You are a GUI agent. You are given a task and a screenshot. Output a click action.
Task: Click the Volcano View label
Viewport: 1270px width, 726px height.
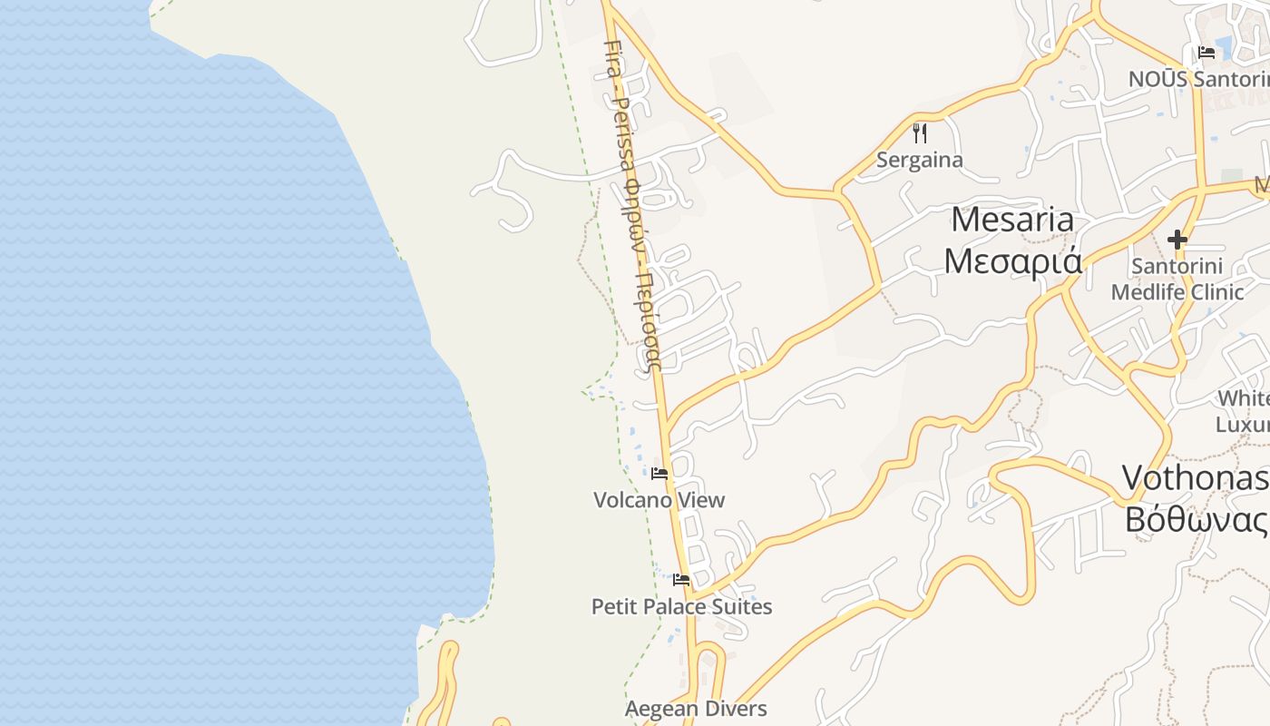pyautogui.click(x=659, y=500)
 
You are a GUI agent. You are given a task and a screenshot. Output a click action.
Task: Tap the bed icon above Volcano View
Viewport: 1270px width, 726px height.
pyautogui.click(x=659, y=474)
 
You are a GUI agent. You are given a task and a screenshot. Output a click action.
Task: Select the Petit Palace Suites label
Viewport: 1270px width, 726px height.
pyautogui.click(x=681, y=606)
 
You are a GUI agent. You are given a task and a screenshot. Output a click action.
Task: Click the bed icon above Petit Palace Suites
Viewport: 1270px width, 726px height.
pyautogui.click(x=681, y=580)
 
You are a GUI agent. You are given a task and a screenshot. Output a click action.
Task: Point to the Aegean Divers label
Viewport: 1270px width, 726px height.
pyautogui.click(x=696, y=709)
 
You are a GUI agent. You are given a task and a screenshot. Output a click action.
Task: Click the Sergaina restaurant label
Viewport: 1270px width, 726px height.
pyautogui.click(x=920, y=161)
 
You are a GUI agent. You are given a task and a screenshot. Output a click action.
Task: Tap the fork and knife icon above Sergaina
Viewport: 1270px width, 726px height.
pyautogui.click(x=920, y=133)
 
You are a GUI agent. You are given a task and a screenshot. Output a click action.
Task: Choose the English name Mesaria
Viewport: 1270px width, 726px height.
pyautogui.click(x=1012, y=220)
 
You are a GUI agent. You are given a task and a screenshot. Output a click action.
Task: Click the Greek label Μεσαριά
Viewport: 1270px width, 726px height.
pyautogui.click(x=1012, y=260)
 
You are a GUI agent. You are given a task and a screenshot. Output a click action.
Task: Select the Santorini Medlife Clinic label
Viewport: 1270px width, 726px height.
pyautogui.click(x=1177, y=280)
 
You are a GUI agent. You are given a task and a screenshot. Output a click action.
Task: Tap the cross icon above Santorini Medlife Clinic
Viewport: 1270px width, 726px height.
pyautogui.click(x=1177, y=240)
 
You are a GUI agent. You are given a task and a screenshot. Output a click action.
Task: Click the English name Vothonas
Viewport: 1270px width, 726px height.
pyautogui.click(x=1196, y=478)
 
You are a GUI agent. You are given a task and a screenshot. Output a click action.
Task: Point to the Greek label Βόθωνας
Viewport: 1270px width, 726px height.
pyautogui.click(x=1196, y=519)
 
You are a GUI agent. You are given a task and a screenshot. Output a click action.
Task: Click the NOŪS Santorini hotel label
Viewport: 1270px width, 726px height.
pyautogui.click(x=1197, y=79)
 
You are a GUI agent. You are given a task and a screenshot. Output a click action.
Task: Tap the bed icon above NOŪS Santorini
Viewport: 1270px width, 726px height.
pyautogui.click(x=1206, y=53)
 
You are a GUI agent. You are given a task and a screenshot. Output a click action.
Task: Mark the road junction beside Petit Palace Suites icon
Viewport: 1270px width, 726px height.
pyautogui.click(x=694, y=597)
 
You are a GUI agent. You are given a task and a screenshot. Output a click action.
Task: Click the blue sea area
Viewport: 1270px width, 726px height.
pyautogui.click(x=181, y=363)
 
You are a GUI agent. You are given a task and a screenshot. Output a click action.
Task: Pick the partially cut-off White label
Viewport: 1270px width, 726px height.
pyautogui.click(x=1243, y=398)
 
